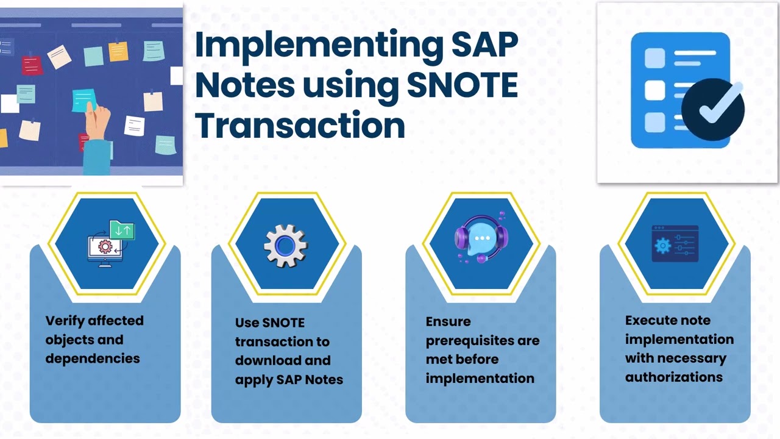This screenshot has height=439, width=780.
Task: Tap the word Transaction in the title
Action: [x=300, y=125]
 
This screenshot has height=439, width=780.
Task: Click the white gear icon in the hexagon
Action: [x=285, y=246]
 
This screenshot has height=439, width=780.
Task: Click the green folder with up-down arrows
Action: [x=122, y=230]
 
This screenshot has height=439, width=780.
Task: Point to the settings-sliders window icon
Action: [x=675, y=244]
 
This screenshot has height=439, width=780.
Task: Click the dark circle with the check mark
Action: [x=712, y=109]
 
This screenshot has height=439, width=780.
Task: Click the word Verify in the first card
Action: [x=65, y=321]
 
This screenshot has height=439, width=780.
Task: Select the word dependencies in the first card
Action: [x=93, y=359]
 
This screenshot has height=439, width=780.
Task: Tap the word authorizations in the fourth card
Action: [x=673, y=377]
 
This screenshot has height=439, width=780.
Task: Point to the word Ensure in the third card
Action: [x=448, y=321]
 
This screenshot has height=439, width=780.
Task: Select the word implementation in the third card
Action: [x=480, y=378]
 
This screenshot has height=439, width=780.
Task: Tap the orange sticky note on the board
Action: [x=118, y=51]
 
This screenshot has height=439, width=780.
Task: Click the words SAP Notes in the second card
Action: [x=310, y=379]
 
